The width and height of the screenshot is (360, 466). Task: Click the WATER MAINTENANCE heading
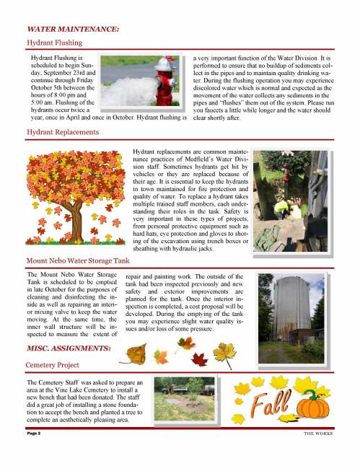pyautogui.click(x=72, y=30)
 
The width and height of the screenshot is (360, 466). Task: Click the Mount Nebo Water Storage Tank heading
pyautogui.click(x=78, y=260)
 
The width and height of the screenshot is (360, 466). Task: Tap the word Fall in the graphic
pyautogui.click(x=274, y=409)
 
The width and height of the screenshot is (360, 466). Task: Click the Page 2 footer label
pyautogui.click(x=34, y=434)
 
